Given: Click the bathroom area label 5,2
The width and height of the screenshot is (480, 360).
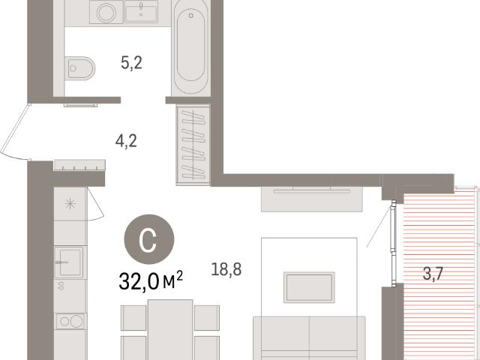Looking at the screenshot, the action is (x=131, y=63).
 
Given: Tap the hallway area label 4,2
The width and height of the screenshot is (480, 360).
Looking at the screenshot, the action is (x=126, y=141).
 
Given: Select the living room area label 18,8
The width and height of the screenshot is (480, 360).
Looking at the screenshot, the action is (x=226, y=269).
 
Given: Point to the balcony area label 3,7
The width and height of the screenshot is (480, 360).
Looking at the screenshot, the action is (x=433, y=273).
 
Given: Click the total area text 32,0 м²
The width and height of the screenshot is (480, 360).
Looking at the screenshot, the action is (x=151, y=280).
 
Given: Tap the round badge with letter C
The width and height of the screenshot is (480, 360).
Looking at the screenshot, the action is (x=149, y=239).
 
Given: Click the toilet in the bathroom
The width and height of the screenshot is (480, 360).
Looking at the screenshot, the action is (x=80, y=68).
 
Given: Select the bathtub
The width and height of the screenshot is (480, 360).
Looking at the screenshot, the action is (x=190, y=47).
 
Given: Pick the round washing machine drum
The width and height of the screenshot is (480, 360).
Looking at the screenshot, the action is (x=106, y=13).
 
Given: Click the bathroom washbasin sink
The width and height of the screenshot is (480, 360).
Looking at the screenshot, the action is (x=141, y=12).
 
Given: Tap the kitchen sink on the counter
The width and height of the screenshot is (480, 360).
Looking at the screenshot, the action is (x=70, y=262).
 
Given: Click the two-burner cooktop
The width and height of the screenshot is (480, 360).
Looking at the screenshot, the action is (x=70, y=321).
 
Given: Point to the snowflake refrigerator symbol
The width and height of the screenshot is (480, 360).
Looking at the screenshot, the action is (x=70, y=203).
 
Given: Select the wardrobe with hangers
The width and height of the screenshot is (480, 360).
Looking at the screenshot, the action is (x=193, y=145).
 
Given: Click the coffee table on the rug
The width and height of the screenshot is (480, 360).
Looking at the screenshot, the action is (x=309, y=287).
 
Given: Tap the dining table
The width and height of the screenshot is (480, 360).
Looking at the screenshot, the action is (x=170, y=329).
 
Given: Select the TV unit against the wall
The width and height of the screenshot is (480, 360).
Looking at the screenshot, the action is (x=312, y=199).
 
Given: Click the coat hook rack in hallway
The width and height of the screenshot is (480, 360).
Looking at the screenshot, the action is (x=79, y=165).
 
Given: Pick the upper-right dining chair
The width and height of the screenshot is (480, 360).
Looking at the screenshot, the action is (x=207, y=318).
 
